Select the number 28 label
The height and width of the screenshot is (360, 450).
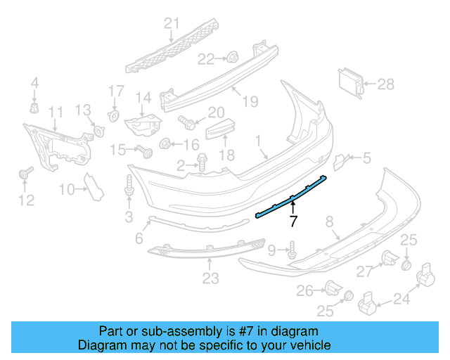pyautogui.click(x=386, y=84)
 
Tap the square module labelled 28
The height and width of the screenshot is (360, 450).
pyautogui.click(x=351, y=83)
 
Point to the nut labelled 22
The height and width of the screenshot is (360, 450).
pyautogui.click(x=231, y=58)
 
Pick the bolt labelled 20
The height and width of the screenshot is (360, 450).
pyautogui.click(x=188, y=120)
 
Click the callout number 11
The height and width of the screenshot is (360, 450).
pyautogui.click(x=56, y=112)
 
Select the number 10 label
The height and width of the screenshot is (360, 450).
pyautogui.click(x=67, y=188)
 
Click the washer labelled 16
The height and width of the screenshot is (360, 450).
pyautogui.click(x=166, y=144)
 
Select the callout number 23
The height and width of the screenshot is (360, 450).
pyautogui.click(x=211, y=279)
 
